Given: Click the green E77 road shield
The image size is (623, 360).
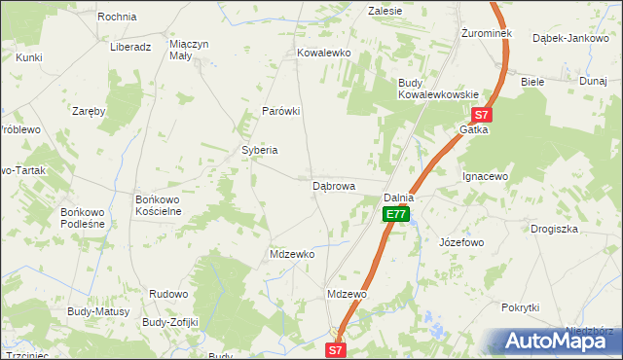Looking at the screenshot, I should pos(394,214).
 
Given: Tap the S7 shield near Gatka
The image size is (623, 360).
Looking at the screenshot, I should pos(484,114).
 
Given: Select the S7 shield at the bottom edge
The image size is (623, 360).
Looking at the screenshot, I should pos(335,348).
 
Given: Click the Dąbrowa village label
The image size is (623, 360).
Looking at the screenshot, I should pos(333,185).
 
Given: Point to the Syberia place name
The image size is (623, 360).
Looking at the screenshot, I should pos(260,150).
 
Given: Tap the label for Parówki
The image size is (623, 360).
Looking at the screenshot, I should pos(280,111).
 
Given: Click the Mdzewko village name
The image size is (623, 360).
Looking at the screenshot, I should pos(292,254).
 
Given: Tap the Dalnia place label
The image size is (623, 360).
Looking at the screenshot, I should pos(399,198).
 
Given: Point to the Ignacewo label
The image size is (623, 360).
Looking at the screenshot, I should pos(485,177).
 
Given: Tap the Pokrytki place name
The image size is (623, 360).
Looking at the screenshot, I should pos(520,307).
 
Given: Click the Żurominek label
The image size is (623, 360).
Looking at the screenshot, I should pos(486,33).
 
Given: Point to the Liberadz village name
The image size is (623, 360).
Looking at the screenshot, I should pos(129,47).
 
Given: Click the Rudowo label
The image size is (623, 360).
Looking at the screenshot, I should pos(167,293).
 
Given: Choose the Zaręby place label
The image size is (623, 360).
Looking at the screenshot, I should pos(89,111).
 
